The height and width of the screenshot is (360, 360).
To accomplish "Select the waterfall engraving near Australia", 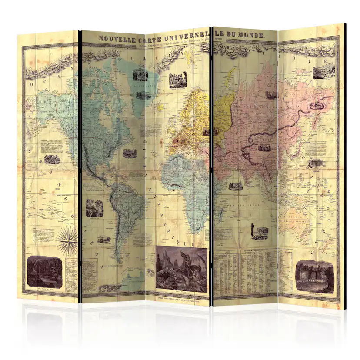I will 314,277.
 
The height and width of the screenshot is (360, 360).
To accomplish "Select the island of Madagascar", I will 221,213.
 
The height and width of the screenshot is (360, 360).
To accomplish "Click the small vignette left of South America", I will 91,208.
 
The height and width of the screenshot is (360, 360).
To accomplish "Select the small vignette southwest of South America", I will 104,239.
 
